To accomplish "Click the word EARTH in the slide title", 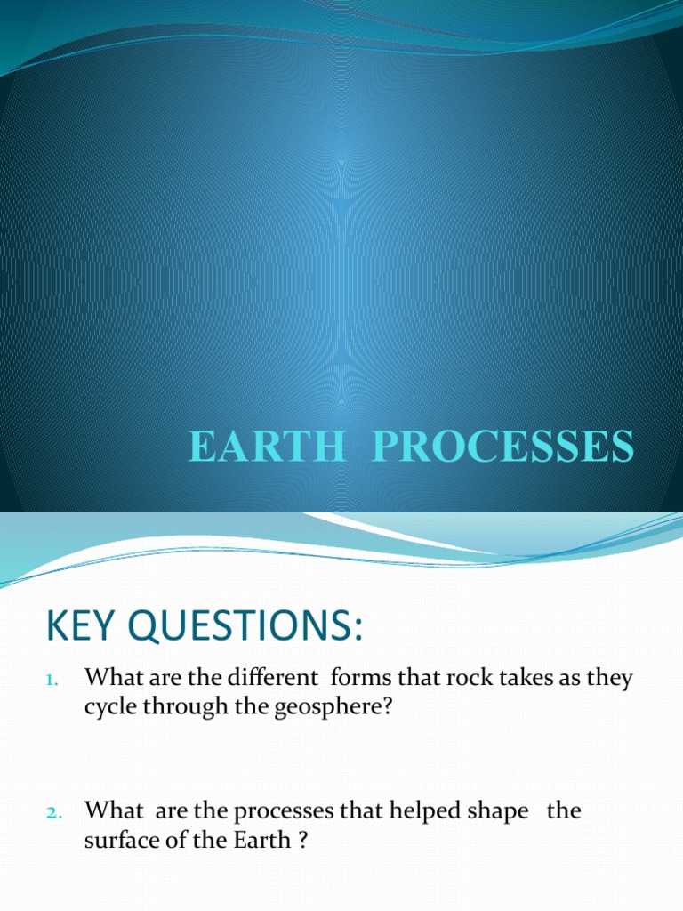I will [265, 447].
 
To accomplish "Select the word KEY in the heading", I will [81, 628].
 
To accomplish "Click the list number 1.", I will [51, 681].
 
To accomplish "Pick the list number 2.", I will [51, 813].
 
